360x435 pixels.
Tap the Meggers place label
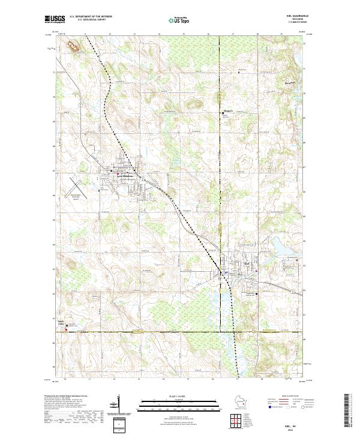227,110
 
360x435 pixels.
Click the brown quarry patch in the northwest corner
73,45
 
